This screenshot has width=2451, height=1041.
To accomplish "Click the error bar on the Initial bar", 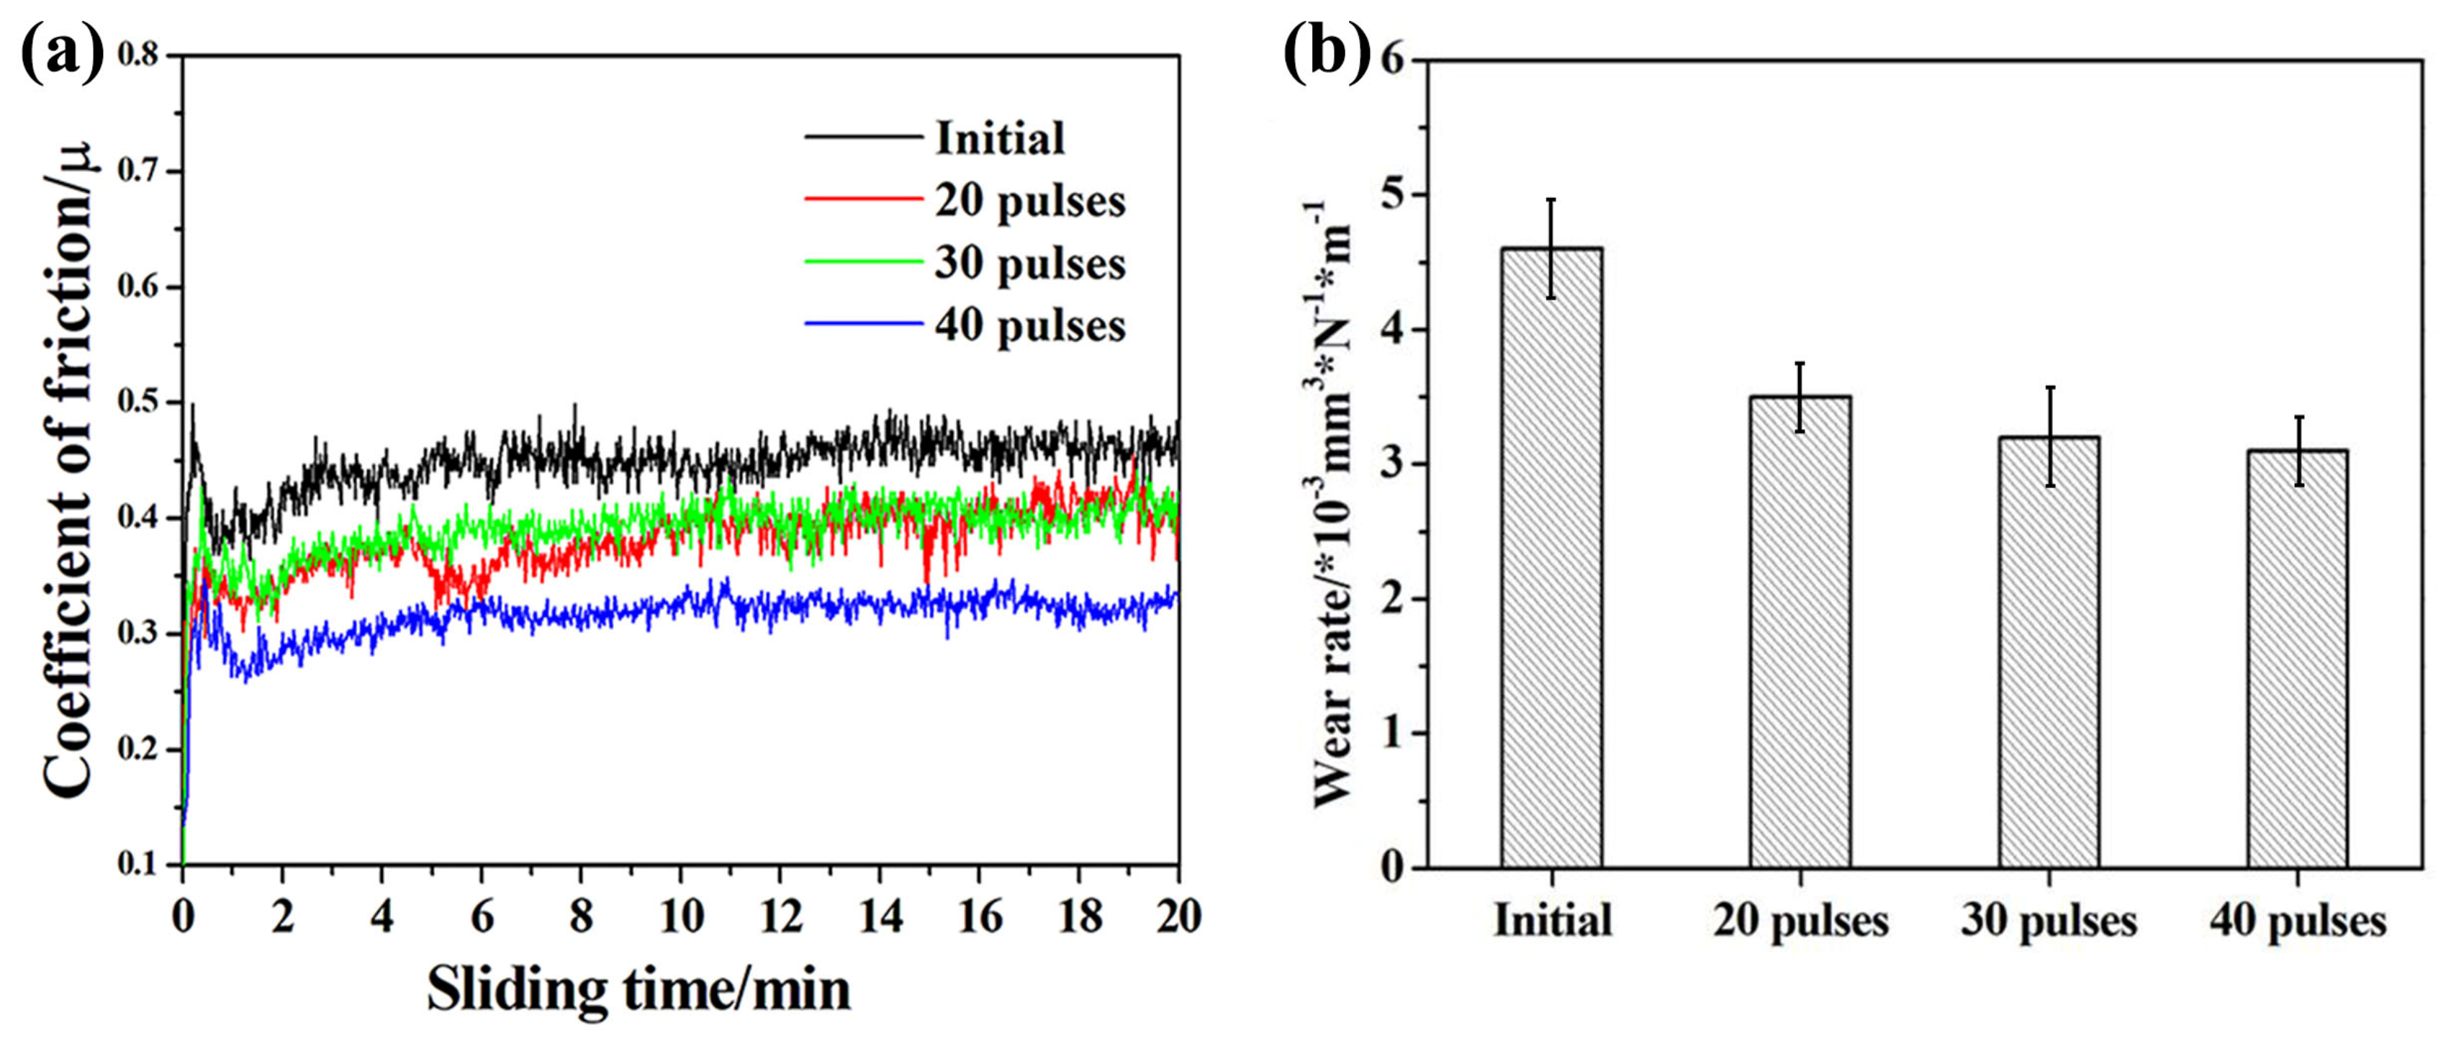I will (x=1552, y=248).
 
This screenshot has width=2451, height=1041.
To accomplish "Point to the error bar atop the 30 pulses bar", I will (x=2049, y=437).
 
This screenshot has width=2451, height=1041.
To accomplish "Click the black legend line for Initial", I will (x=864, y=138).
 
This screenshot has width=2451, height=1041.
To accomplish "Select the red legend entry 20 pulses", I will (x=1029, y=201).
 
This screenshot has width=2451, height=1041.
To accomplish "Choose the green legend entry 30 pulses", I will (x=1029, y=263).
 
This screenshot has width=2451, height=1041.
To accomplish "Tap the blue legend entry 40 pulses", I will (x=1029, y=325).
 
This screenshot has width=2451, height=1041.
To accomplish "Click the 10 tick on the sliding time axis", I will (x=681, y=916).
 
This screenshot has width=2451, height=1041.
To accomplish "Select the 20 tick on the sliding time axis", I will (x=1178, y=916).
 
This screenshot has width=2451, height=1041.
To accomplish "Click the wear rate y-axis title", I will (x=1333, y=505).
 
